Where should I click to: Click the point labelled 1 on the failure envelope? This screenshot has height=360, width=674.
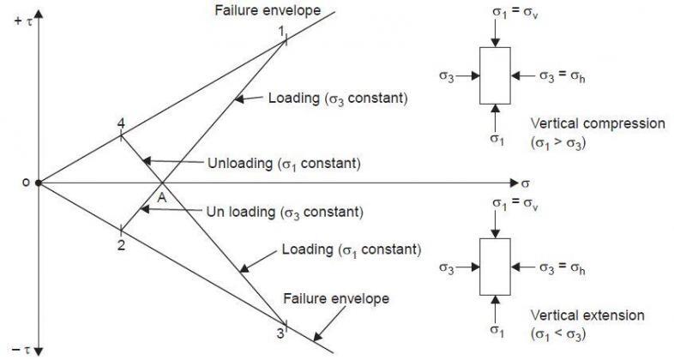(x=282, y=32)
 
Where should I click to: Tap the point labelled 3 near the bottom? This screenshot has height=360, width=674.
(x=280, y=333)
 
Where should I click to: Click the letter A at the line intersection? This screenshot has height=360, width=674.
(x=159, y=197)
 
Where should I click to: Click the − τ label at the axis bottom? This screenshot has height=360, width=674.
(x=20, y=351)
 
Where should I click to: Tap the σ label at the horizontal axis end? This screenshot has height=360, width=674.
(x=526, y=183)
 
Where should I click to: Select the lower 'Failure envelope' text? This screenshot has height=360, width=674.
(x=337, y=299)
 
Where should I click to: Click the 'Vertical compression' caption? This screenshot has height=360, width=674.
(x=598, y=123)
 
